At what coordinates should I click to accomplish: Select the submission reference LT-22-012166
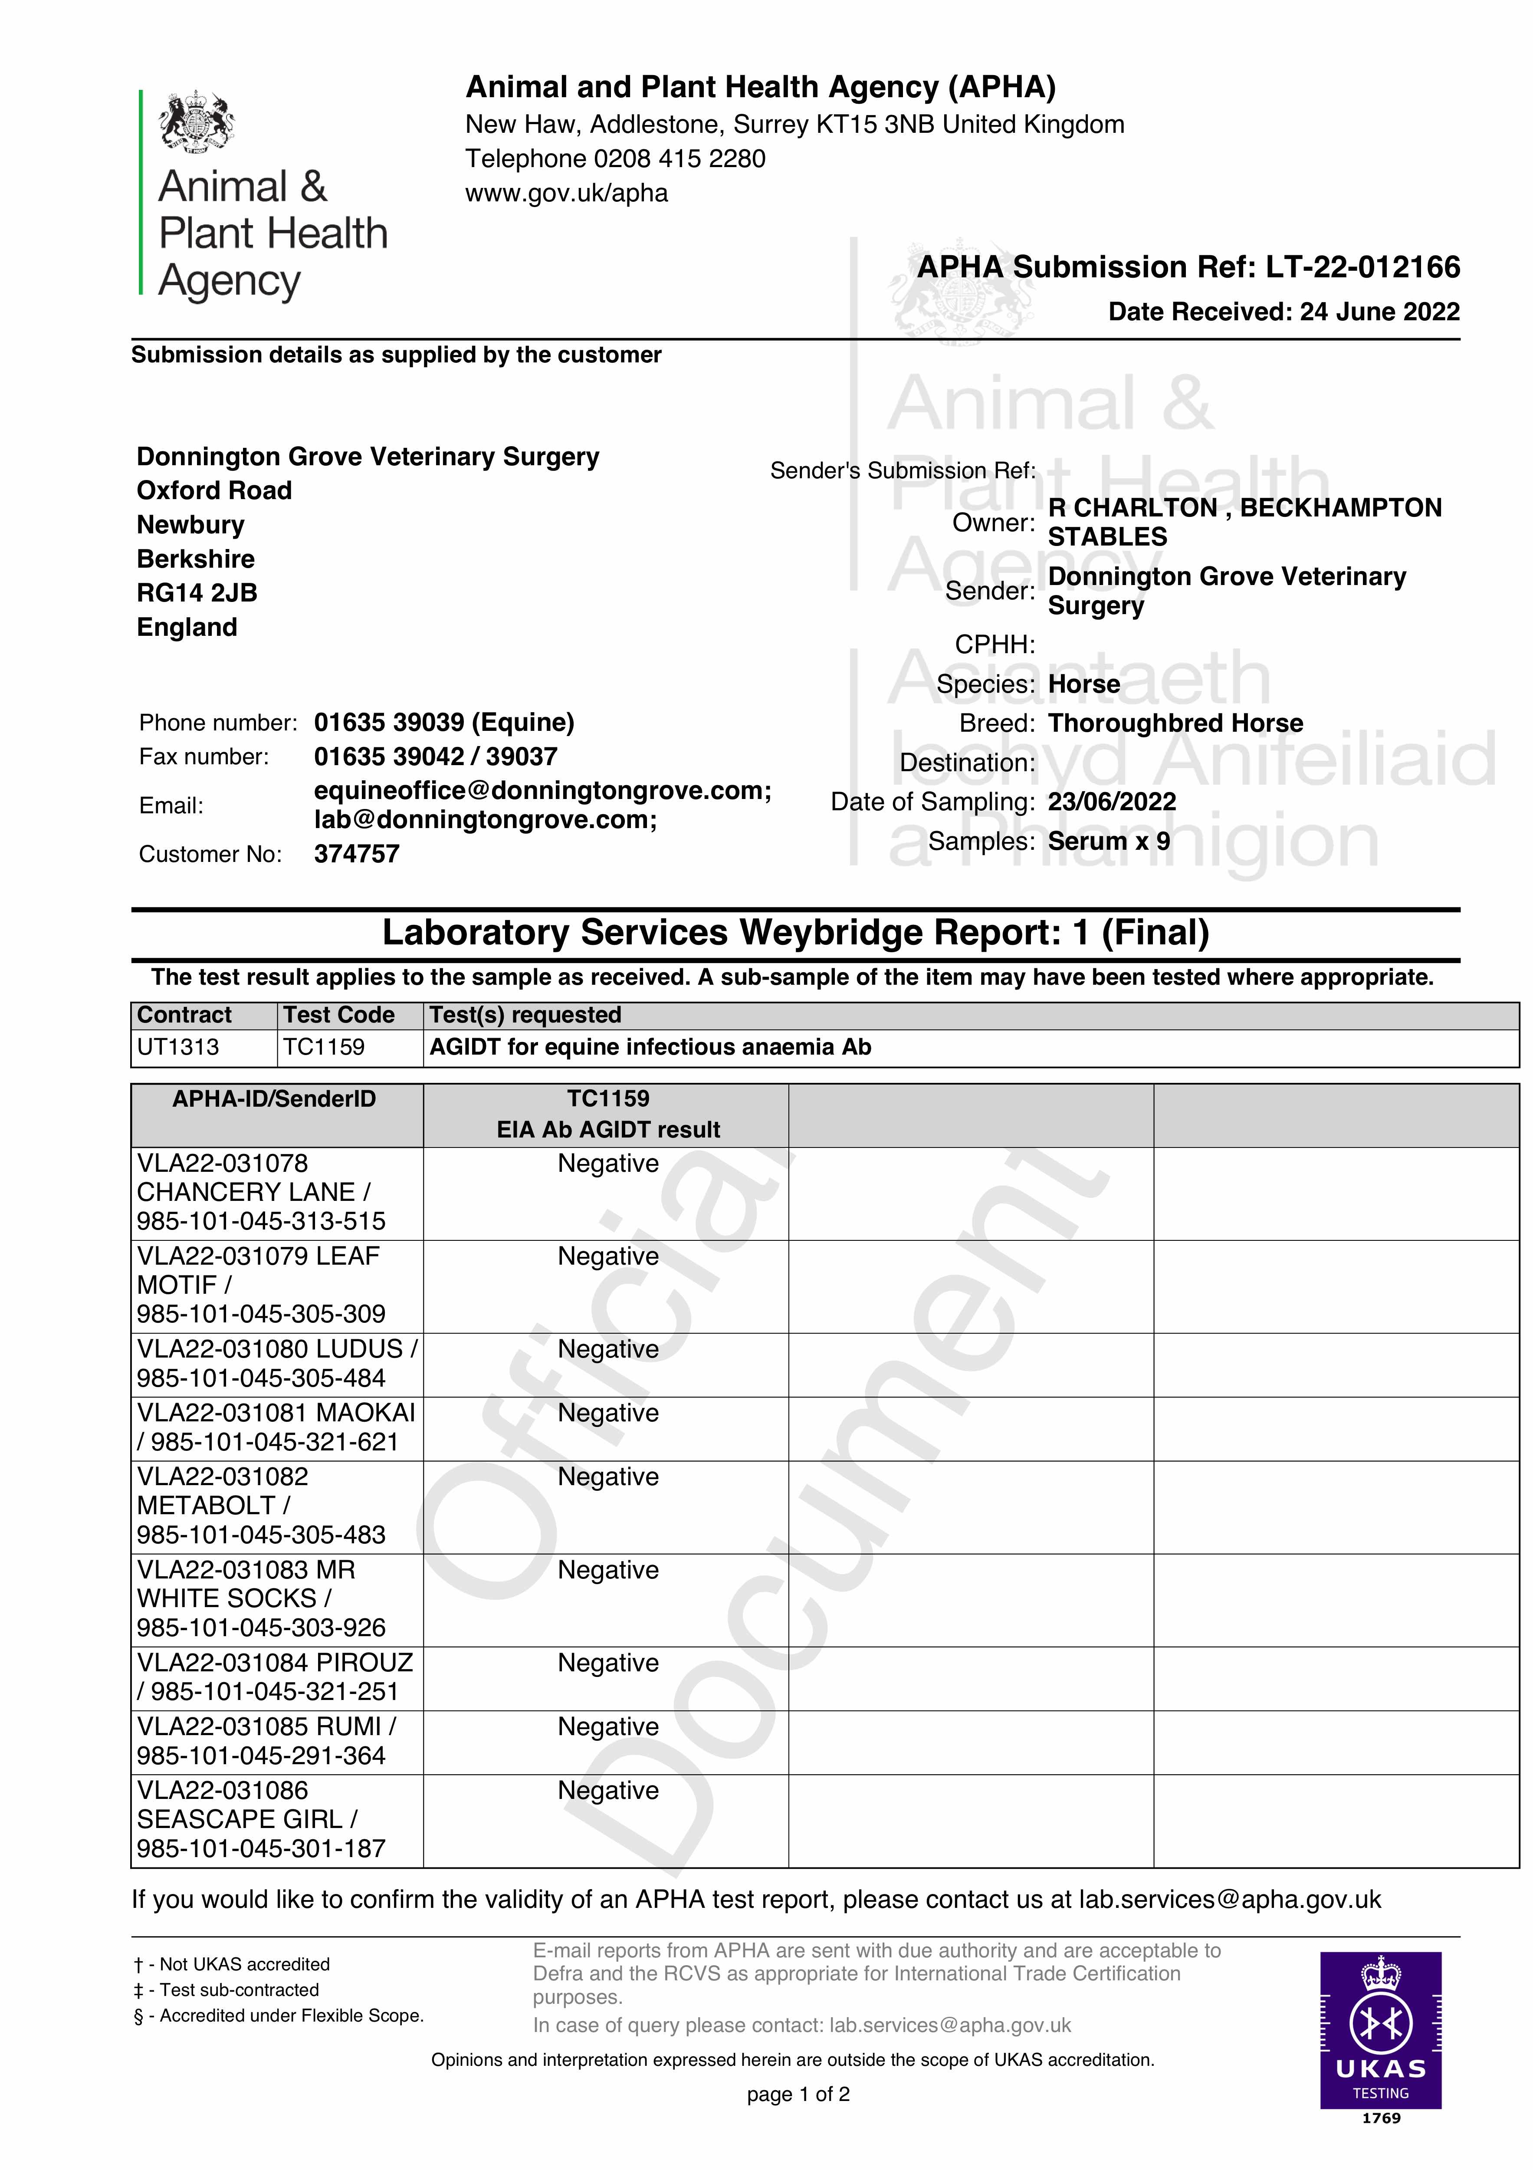point(1363,267)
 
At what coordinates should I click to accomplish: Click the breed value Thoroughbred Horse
point(1175,723)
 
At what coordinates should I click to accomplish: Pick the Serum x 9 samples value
point(1109,841)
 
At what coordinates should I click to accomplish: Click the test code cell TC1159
point(324,1047)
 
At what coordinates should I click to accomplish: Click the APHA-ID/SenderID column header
point(274,1099)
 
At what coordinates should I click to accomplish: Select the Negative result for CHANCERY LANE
point(608,1164)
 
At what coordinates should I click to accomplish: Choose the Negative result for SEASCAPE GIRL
point(608,1791)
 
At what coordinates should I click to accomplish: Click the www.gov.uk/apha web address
point(566,193)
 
